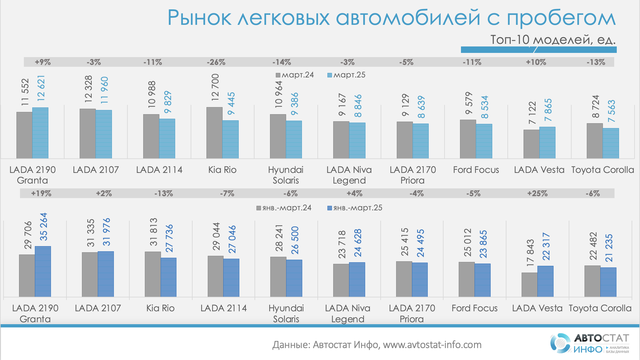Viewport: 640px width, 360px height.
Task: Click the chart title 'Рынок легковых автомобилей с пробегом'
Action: tap(391, 18)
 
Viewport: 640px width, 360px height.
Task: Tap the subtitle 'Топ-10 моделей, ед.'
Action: tap(553, 40)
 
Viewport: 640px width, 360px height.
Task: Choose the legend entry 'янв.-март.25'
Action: tap(355, 208)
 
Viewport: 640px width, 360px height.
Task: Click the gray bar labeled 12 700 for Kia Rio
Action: tap(214, 133)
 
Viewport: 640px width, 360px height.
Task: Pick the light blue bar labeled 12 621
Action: tap(40, 133)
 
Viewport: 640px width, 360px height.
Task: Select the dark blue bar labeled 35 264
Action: tap(43, 271)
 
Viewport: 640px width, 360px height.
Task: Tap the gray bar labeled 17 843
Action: tap(529, 285)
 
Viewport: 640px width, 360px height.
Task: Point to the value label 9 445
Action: tap(231, 104)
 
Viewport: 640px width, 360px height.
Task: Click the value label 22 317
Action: tap(546, 246)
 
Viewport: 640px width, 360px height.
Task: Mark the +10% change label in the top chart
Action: tap(536, 62)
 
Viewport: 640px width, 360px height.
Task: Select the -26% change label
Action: tap(216, 62)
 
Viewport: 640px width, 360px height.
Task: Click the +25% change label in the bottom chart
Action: tap(537, 194)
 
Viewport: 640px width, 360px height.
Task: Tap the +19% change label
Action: tap(41, 194)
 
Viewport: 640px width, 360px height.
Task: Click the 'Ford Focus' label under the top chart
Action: tap(476, 170)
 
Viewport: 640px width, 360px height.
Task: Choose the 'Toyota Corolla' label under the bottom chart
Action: tap(600, 308)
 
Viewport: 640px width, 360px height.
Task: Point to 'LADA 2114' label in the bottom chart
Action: tap(224, 308)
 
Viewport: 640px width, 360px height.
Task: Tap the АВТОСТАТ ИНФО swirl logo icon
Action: tap(560, 343)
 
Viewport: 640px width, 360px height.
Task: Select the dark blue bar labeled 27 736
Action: tap(169, 277)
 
